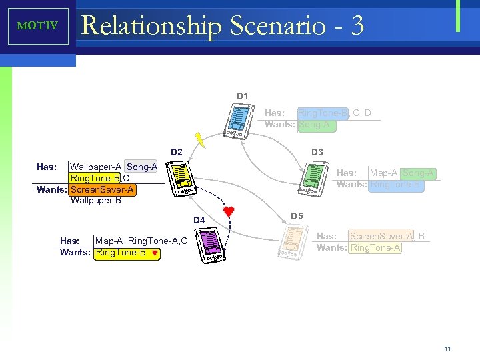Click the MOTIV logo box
(x=37, y=26)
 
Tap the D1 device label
(x=243, y=97)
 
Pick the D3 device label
(x=317, y=153)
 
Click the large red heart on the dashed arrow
(x=229, y=212)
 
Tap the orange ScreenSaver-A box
(x=103, y=189)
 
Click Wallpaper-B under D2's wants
(x=95, y=200)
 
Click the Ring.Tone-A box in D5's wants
(x=375, y=247)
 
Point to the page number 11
(x=447, y=349)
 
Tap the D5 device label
(x=297, y=217)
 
